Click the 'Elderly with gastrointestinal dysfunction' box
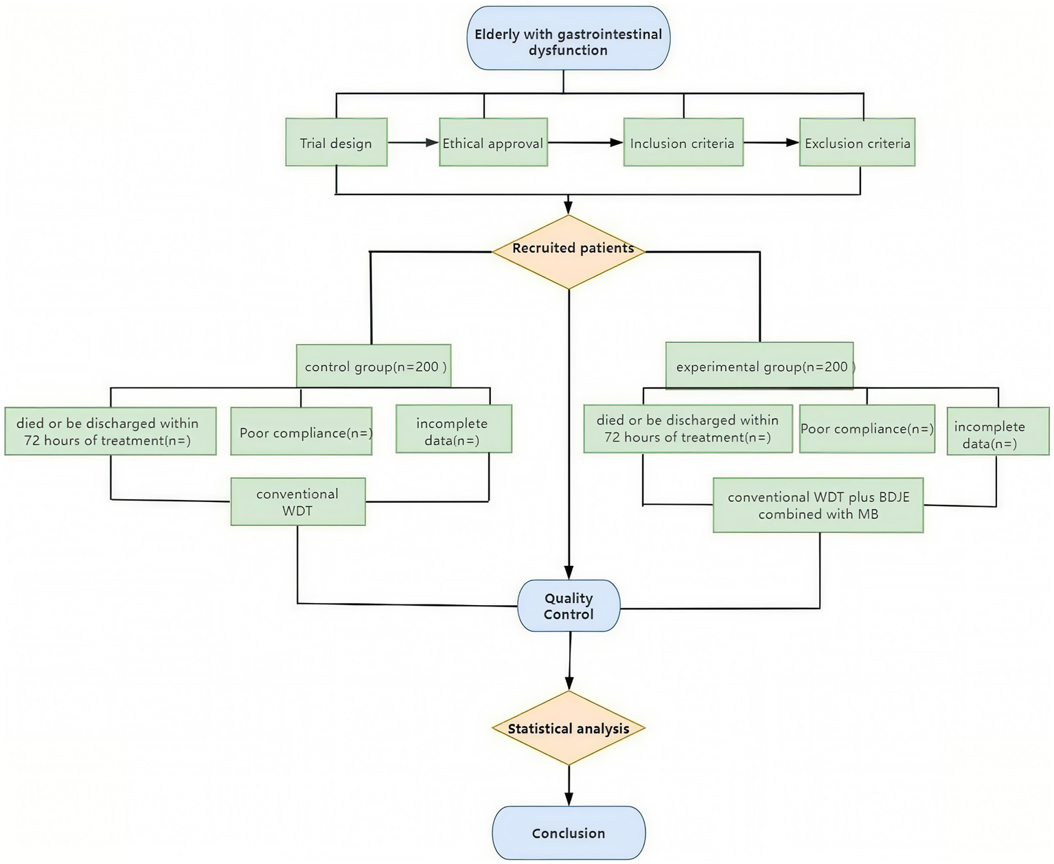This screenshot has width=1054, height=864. tap(568, 38)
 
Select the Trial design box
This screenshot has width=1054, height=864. tap(336, 142)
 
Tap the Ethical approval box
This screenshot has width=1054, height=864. tap(493, 142)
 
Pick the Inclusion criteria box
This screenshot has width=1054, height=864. tap(683, 142)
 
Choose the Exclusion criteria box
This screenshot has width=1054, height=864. tap(857, 142)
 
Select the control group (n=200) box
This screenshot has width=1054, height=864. tap(374, 366)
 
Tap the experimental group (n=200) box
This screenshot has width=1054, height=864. tap(759, 366)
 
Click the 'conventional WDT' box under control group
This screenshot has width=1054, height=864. tap(297, 502)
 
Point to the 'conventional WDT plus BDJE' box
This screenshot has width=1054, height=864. tap(818, 505)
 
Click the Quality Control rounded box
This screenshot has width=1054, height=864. tap(569, 606)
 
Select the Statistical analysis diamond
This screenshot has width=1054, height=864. tap(569, 728)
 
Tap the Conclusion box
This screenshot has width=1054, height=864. tap(569, 832)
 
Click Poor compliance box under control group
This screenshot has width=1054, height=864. tap(301, 432)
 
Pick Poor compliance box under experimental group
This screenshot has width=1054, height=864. tap(867, 429)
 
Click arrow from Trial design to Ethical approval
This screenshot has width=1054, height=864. tap(413, 143)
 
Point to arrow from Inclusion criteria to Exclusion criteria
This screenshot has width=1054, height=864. tap(771, 143)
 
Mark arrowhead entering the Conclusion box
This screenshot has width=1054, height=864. tap(569, 799)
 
